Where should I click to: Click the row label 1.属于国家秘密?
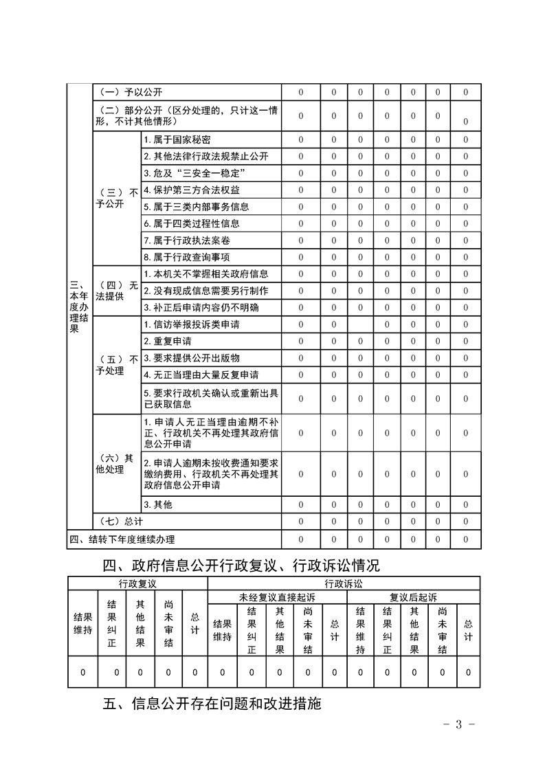point(177,139)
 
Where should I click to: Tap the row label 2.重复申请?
point(168,341)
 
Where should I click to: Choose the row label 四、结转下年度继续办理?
point(126,539)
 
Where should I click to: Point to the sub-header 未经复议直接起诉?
point(278,596)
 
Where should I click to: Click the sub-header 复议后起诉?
point(413,596)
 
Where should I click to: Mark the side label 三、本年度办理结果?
point(80,307)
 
